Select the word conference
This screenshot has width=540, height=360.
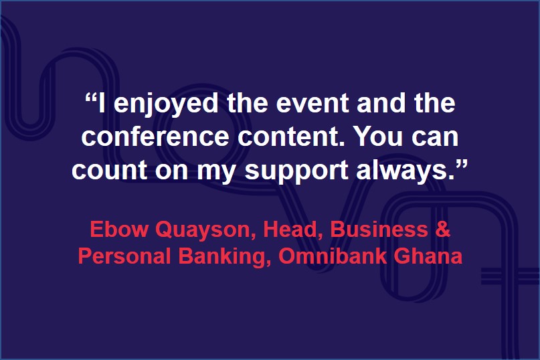point(155,136)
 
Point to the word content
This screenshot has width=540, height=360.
point(291,137)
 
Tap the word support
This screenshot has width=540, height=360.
point(296,171)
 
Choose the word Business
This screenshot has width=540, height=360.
point(379,229)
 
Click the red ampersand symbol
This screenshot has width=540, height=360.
point(443,229)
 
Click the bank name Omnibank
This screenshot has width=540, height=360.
point(333,257)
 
